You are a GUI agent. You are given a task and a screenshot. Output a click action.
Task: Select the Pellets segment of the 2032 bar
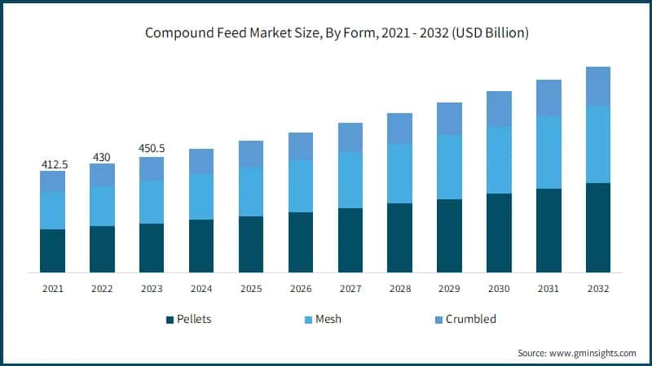(598, 228)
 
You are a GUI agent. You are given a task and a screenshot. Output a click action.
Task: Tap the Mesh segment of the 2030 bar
(499, 160)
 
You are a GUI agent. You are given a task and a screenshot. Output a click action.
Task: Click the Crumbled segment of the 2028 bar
(399, 129)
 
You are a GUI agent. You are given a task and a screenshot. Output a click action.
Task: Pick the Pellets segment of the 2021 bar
(53, 251)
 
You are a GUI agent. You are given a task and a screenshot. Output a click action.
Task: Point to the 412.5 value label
(55, 164)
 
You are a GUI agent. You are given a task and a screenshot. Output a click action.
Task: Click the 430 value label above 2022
(102, 156)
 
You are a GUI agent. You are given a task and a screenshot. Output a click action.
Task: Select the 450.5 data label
(152, 148)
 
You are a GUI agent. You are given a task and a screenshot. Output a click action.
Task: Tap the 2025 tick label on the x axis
(251, 288)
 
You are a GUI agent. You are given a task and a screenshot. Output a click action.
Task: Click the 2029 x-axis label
(449, 288)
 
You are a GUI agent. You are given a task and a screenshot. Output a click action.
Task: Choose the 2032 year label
(598, 288)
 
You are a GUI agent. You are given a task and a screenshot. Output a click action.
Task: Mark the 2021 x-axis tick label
(53, 288)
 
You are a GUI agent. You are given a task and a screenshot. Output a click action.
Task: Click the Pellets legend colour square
(170, 319)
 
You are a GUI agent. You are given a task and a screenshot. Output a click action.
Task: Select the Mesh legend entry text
(328, 319)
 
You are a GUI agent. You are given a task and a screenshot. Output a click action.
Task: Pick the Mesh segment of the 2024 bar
(201, 196)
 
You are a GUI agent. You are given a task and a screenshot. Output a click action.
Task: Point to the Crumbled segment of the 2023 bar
(152, 168)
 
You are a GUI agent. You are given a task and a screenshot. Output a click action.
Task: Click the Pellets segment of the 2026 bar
(301, 242)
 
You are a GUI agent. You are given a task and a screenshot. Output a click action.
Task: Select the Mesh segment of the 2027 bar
(350, 180)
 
